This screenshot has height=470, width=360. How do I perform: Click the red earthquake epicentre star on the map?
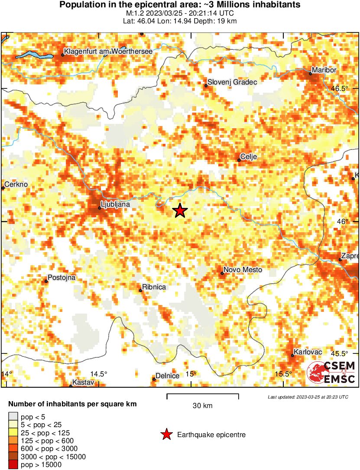180,211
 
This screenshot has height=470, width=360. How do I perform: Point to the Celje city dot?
239,160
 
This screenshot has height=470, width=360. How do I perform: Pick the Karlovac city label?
308,352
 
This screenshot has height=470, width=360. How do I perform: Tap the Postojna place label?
61,277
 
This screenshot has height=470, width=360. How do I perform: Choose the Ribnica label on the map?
154,287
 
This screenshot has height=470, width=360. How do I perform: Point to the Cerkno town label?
16,184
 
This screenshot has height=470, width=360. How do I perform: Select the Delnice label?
167,376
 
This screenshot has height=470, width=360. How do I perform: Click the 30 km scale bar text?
202,406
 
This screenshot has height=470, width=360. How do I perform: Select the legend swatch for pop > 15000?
13,464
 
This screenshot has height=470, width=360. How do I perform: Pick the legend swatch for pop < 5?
13,417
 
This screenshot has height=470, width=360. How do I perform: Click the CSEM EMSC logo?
331,372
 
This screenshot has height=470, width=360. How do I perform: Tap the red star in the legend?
166,434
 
